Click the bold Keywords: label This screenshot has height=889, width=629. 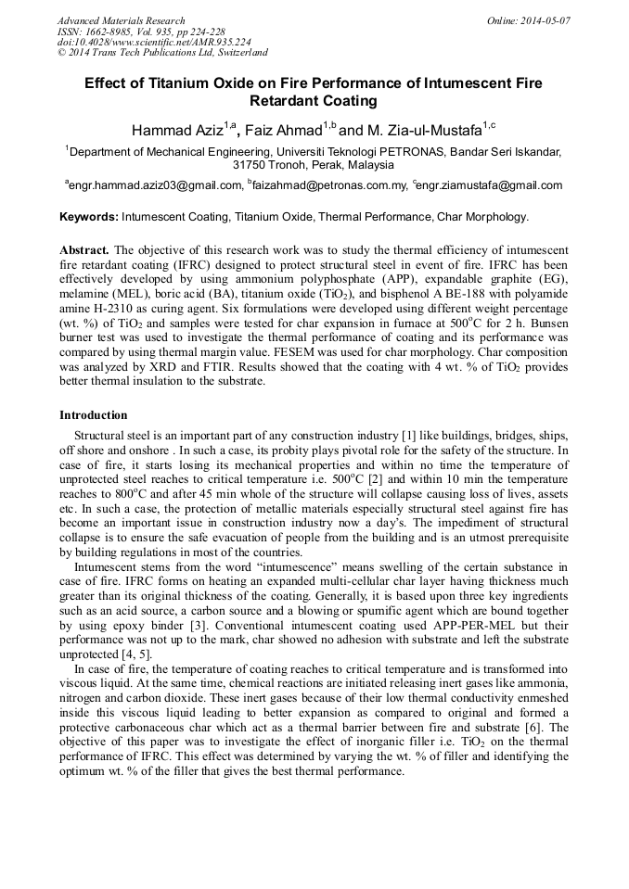tap(89, 217)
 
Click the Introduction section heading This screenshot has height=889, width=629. tap(93, 414)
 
